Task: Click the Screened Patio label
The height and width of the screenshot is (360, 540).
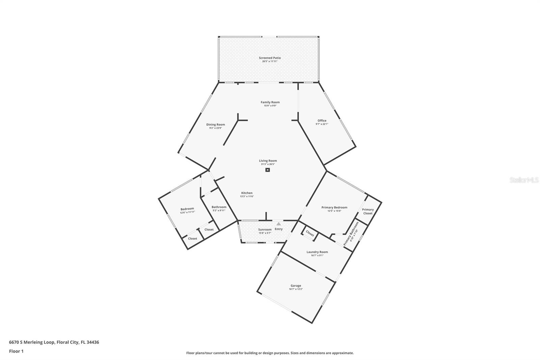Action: (270, 58)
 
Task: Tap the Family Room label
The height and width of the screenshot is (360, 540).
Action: (270, 102)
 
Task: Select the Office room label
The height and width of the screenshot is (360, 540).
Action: (322, 121)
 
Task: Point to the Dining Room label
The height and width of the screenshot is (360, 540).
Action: (216, 125)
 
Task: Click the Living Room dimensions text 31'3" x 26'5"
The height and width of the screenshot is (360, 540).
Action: (268, 164)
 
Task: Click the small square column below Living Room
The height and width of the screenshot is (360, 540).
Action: (268, 170)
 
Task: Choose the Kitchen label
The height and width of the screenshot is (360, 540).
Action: (247, 193)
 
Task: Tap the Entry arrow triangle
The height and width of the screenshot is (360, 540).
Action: (278, 224)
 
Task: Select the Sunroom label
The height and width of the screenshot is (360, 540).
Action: (265, 230)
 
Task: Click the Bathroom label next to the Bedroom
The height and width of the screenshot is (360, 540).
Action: (219, 207)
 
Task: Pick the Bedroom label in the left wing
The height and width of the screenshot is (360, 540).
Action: (187, 209)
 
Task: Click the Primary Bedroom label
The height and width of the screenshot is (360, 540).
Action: (334, 207)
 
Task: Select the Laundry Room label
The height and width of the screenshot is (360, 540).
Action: (317, 252)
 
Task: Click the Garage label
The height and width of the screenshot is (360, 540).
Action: (296, 286)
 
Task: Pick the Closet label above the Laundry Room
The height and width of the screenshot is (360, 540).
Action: (310, 234)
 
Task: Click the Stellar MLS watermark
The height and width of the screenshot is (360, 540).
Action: (524, 180)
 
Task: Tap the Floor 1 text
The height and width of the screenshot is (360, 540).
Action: (16, 351)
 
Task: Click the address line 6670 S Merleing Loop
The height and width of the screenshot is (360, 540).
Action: (54, 342)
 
